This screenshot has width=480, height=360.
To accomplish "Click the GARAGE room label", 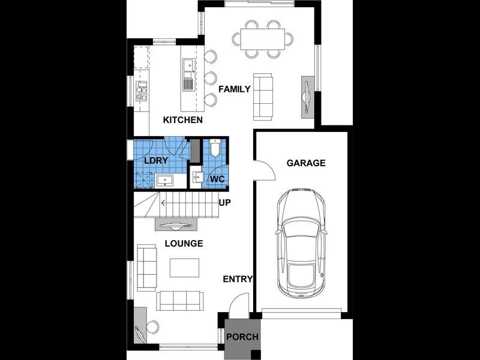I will tap(305, 163).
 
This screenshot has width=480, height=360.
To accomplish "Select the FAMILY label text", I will tap(234, 89).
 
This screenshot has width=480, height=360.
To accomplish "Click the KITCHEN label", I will tap(183, 120).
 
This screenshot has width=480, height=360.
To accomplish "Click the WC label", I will tap(216, 179).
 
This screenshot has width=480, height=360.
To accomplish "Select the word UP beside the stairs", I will tap(225, 202).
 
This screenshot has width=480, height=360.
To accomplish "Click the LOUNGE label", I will tap(184, 244).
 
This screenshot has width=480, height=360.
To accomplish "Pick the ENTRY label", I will tap(238, 279).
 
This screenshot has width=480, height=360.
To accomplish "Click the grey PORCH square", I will tap(242, 337).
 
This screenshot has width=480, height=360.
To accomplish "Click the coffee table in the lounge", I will tap(184, 267).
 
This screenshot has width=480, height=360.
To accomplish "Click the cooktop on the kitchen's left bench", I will tap(142, 92).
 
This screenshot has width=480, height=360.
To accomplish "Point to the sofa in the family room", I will tap(262, 96).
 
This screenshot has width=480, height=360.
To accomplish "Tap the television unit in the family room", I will tap(307, 95).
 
